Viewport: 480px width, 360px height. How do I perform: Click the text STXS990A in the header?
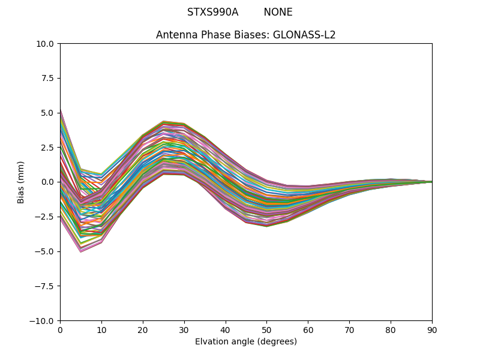212,12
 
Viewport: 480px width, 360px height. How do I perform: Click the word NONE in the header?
278,12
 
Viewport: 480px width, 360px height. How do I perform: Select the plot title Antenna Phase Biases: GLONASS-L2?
245,35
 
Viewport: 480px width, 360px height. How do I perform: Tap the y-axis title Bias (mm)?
21,182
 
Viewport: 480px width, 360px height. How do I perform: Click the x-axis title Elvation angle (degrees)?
245,341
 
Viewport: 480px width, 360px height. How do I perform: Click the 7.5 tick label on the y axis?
48,78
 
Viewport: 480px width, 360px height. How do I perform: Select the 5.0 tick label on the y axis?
48,113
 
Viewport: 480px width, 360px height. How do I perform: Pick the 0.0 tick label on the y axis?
48,182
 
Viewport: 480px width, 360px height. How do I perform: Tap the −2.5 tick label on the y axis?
46,217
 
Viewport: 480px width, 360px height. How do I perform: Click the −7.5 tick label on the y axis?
46,286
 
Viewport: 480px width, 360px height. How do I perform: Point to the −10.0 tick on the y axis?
43,320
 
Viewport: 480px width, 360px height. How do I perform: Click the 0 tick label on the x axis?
60,329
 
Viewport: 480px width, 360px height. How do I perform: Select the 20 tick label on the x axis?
143,329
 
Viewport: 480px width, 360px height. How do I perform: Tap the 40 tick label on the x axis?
226,329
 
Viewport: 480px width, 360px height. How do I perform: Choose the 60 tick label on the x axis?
308,329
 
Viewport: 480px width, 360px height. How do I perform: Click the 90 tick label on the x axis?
432,329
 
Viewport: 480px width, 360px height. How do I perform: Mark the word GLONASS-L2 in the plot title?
304,35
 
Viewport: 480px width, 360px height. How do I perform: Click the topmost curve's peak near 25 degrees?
163,121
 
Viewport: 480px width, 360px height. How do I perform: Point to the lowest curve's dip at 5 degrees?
80,251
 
